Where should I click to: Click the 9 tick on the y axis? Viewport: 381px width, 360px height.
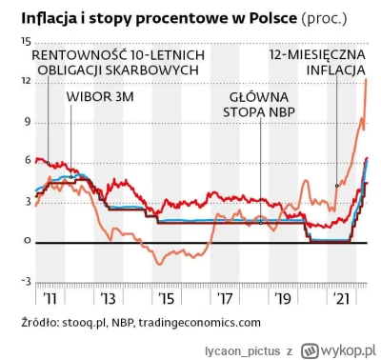pos(28,121)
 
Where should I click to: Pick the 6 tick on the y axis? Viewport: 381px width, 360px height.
pos(28,162)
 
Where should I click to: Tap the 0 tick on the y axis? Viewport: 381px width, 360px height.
pos(28,242)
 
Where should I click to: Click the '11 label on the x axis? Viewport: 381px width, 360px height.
pos(48,298)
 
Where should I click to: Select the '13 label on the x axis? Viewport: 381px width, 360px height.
pos(108,298)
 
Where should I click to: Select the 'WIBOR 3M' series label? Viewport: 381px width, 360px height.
pos(98,97)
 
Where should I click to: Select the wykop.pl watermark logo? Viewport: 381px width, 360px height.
pos(338,350)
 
